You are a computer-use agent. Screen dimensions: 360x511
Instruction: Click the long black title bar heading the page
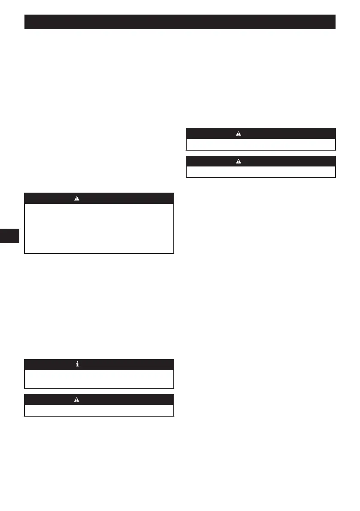(180, 22)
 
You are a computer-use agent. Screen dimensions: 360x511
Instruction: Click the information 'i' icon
(77, 364)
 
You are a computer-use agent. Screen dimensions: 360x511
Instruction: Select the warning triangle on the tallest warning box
(77, 198)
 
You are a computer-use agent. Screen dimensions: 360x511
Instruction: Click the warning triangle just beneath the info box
(77, 399)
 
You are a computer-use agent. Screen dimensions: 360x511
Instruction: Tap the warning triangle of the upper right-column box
(239, 133)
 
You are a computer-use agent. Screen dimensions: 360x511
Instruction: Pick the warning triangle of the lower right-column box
(239, 162)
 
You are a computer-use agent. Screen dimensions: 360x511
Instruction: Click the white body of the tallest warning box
(99, 228)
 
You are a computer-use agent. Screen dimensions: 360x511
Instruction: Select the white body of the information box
(99, 378)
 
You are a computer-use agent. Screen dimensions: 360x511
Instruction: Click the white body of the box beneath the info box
(99, 410)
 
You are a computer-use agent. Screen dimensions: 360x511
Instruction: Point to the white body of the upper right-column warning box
(260, 144)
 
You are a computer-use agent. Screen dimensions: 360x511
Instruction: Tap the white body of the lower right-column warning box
(260, 172)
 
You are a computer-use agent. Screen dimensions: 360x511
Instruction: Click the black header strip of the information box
(129, 364)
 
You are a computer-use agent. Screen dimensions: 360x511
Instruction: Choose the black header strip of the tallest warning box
(129, 198)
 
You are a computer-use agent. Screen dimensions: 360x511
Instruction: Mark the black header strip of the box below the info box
(129, 399)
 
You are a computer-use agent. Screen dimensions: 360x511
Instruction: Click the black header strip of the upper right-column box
(292, 133)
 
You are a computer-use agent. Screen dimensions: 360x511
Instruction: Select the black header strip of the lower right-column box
(292, 162)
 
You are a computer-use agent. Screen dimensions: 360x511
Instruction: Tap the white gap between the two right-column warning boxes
(260, 153)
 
